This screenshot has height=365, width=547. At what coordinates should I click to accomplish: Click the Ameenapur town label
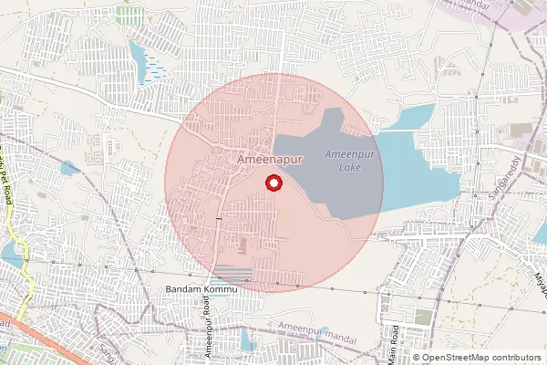(269, 159)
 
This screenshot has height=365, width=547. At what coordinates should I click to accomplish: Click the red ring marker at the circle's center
(272, 183)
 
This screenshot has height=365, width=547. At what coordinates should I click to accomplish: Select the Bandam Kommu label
(201, 289)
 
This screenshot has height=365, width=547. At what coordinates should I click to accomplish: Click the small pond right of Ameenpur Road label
(246, 340)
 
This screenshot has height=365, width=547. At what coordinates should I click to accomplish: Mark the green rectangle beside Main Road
(423, 317)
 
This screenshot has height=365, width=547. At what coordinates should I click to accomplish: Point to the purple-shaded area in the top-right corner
(511, 14)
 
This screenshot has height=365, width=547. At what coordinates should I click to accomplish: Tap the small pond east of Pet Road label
(69, 168)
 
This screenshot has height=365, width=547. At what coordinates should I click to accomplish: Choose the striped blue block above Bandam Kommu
(233, 273)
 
